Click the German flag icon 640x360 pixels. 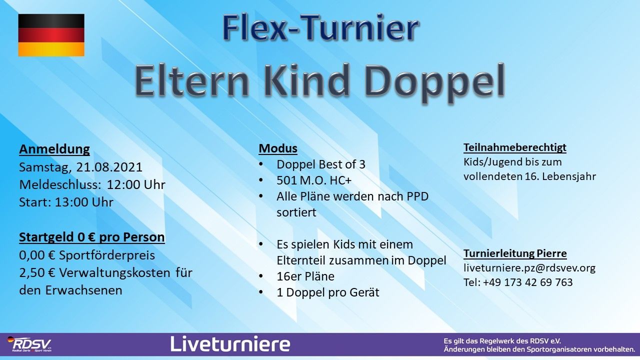(51, 35)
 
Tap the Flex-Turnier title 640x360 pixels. (321, 27)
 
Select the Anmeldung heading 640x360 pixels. (54, 149)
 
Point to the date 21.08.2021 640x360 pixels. (109, 167)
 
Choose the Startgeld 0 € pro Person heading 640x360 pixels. (92, 237)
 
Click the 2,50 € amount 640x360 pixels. (37, 272)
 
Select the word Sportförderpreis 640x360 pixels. (107, 255)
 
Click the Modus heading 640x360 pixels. (278, 148)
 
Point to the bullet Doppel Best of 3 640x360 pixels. (321, 164)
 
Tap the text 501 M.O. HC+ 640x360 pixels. (313, 180)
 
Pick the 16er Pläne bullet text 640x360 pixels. (305, 276)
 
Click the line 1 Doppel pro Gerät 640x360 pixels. (327, 292)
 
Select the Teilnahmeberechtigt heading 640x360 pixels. (515, 147)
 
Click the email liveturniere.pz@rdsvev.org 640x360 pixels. (529, 268)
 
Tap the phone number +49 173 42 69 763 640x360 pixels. (528, 282)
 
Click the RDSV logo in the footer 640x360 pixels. (29, 344)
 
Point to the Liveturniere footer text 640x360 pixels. (230, 343)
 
